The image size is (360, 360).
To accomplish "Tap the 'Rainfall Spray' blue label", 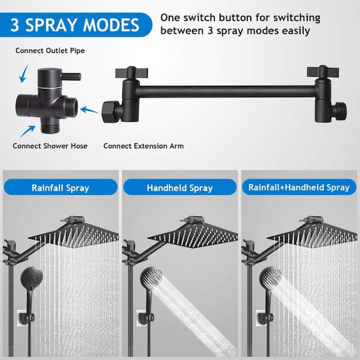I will (60, 188).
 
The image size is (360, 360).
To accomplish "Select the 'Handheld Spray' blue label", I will (180, 188).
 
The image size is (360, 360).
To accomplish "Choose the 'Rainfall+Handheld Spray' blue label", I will (299, 188).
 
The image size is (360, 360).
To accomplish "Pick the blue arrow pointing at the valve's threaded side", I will (89, 110).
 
